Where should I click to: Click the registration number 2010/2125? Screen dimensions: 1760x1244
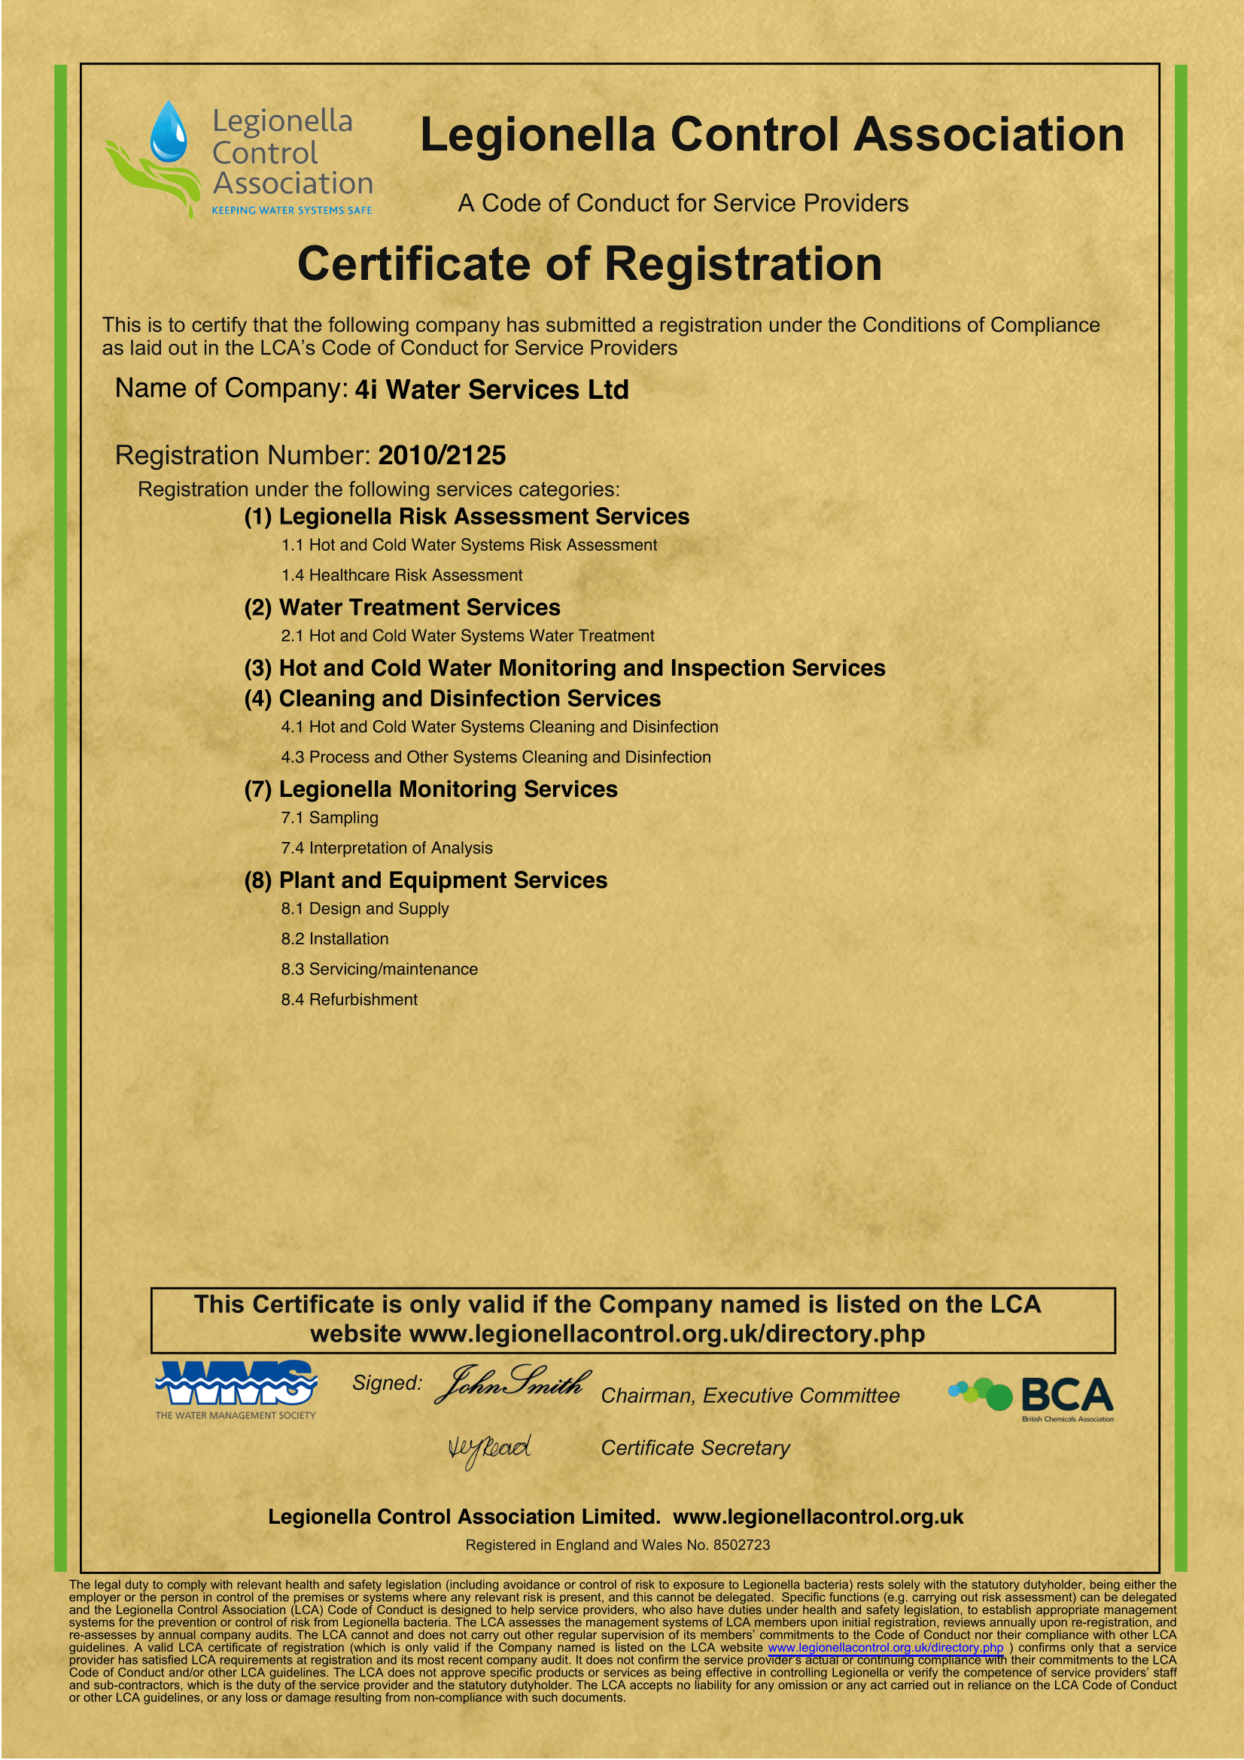point(442,455)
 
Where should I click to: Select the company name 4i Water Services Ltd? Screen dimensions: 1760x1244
point(491,390)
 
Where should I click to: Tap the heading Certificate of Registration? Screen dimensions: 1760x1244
point(589,263)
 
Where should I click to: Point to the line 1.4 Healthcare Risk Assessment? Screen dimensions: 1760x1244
point(401,575)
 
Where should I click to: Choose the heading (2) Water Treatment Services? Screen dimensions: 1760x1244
point(402,607)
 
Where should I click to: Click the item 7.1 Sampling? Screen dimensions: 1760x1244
point(329,818)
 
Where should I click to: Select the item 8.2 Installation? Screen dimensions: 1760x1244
point(334,939)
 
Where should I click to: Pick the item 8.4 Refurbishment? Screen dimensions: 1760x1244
point(348,999)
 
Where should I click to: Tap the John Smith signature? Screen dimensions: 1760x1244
point(511,1384)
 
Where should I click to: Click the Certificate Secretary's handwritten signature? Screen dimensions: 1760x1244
point(489,1448)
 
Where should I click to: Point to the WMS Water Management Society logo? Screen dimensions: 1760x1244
point(236,1389)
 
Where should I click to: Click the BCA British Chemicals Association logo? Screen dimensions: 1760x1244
point(1032,1395)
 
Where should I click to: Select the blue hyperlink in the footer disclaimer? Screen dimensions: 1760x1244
point(885,1647)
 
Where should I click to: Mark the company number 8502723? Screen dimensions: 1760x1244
point(741,1545)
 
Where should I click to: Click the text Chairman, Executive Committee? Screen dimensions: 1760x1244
point(750,1395)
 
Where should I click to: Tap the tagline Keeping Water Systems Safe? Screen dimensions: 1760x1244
point(291,210)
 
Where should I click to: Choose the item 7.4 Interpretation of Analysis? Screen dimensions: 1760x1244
point(386,848)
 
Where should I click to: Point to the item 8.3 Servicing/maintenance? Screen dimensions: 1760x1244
point(379,969)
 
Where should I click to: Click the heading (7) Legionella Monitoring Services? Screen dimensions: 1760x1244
point(430,789)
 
